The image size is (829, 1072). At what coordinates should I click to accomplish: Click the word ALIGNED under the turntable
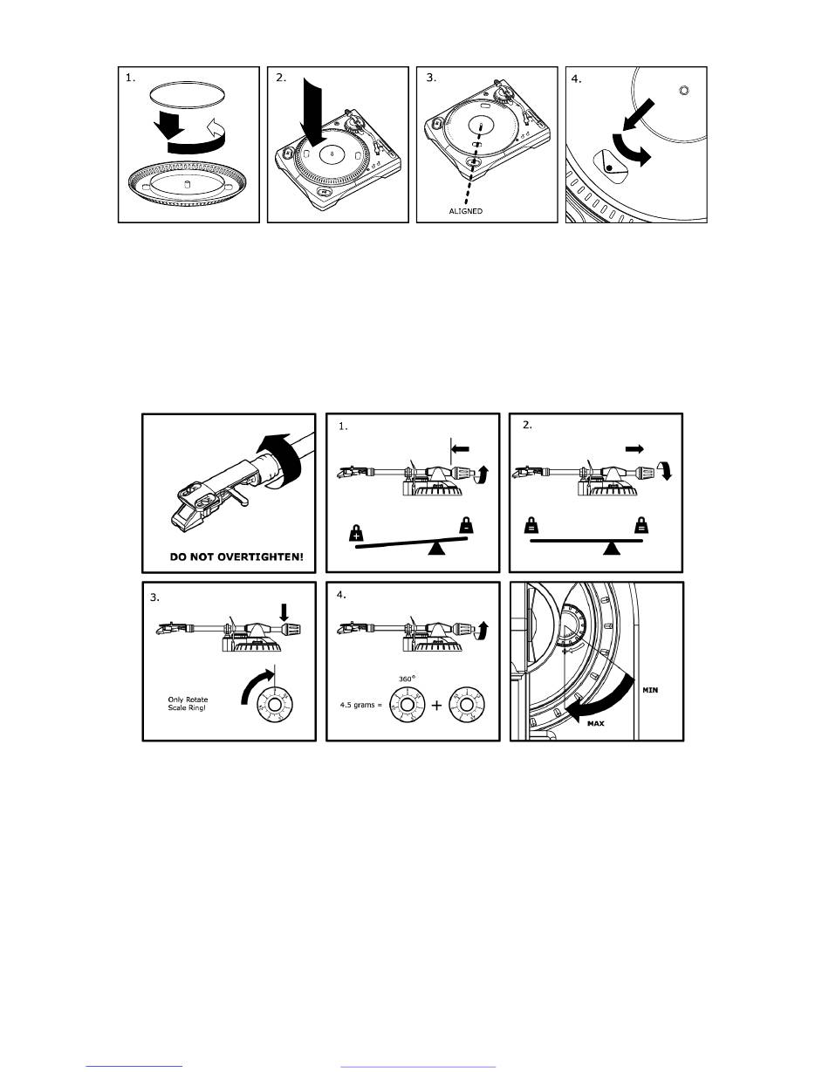coord(465,211)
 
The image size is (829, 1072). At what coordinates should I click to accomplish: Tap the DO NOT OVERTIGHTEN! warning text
coord(236,557)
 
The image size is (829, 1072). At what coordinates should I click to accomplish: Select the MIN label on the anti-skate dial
coord(650,690)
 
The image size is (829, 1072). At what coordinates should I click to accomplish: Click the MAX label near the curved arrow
coord(596,724)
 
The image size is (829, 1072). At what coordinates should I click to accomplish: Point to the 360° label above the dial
coord(407,679)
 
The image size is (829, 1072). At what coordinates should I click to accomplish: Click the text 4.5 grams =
coord(360,705)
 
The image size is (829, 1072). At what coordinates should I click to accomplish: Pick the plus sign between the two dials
coord(436,706)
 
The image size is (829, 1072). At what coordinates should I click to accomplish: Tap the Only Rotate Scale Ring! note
coord(188,704)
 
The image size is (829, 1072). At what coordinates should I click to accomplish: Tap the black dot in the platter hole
coord(609,168)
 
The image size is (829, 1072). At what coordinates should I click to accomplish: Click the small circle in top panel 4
coord(683,91)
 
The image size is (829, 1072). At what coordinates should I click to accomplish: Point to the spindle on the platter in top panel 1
coord(187,184)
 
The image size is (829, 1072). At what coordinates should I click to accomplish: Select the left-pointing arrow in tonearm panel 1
coord(461,449)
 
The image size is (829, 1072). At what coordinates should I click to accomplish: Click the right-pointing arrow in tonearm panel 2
coord(634,449)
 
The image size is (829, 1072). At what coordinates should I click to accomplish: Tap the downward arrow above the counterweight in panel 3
coord(284,612)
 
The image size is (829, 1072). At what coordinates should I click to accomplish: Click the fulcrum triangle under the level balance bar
coord(612,548)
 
